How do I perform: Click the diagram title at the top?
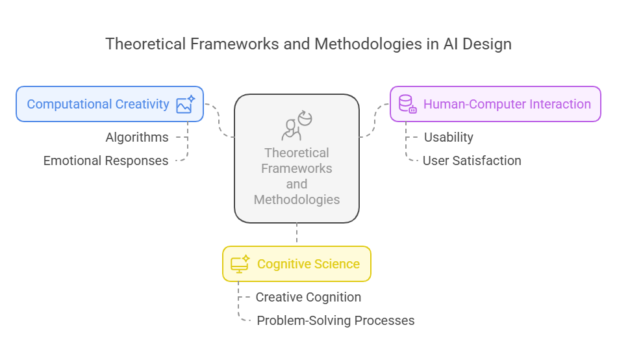tap(308, 44)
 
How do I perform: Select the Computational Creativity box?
tap(110, 104)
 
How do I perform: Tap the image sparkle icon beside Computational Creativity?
tap(185, 105)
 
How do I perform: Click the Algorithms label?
tap(137, 137)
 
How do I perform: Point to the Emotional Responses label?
tap(106, 161)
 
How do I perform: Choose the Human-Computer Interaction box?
tap(496, 104)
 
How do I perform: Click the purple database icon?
tap(407, 104)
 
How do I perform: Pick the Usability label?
tap(449, 137)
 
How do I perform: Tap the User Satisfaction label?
tap(472, 161)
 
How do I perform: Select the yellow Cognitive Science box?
tap(297, 264)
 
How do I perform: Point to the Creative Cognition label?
tap(308, 297)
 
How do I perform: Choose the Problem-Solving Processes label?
tap(336, 320)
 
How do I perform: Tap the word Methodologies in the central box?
tap(297, 199)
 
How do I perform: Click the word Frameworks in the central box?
tap(297, 168)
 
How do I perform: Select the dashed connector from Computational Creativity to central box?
tap(219, 120)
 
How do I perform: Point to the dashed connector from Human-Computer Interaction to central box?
tap(374, 120)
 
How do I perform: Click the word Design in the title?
tap(487, 44)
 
